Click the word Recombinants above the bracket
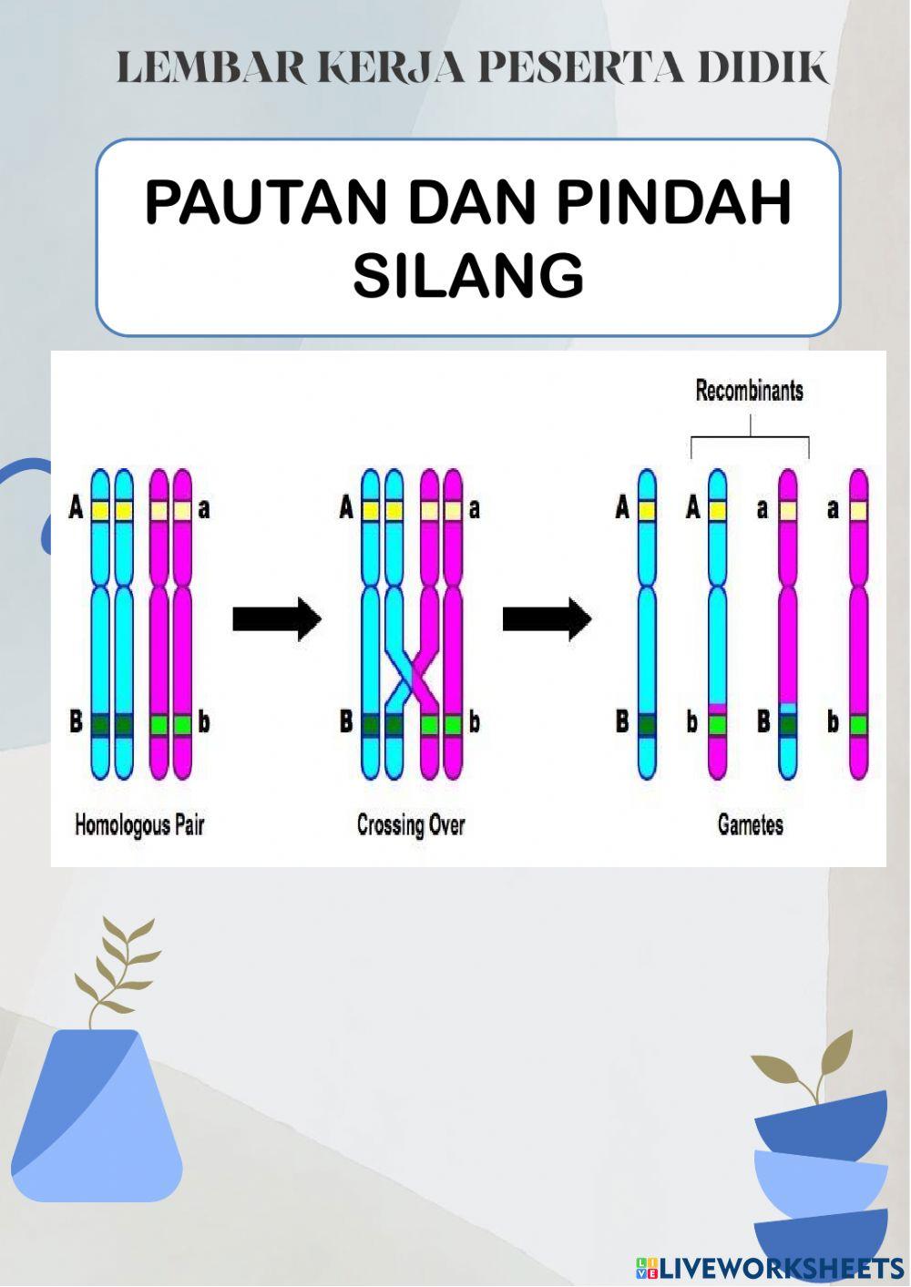point(749,392)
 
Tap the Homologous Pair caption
point(138,825)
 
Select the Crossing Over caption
point(411,825)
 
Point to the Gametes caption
point(750,825)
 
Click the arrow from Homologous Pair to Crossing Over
point(277,619)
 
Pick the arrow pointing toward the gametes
point(547,619)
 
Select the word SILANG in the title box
point(468,275)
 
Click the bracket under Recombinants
point(750,442)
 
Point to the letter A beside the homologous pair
point(77,508)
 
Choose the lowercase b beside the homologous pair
point(203,723)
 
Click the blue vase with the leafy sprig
point(96,1111)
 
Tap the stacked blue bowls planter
point(821,1175)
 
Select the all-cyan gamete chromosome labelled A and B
point(647,624)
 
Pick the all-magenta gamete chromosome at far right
point(858,624)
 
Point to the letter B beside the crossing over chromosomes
point(346,723)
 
